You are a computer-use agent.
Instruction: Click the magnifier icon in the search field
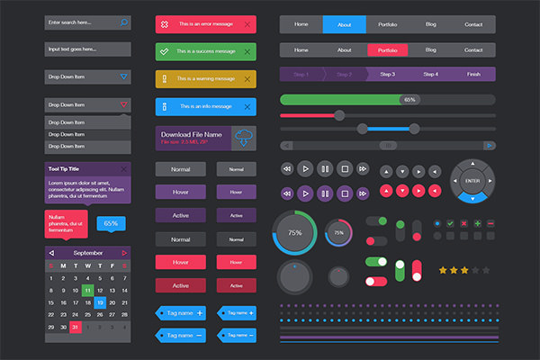point(123,21)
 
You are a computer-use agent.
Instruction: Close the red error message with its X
point(247,23)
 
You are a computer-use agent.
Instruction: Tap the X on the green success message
point(247,51)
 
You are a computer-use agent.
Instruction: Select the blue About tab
point(344,23)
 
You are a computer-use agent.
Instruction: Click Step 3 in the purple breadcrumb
point(388,74)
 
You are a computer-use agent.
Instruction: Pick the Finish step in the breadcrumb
point(473,74)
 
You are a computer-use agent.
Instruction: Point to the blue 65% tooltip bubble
point(111,223)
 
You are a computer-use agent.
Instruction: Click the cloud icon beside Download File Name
point(243,138)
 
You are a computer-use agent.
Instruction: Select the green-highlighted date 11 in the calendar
point(87,291)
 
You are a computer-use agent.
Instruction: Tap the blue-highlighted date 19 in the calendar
point(100,303)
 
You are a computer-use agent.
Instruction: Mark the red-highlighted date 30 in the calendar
point(76,328)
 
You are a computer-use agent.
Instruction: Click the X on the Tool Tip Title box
point(123,169)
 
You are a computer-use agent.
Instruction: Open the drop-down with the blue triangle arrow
point(123,76)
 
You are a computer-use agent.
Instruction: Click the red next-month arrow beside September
point(124,253)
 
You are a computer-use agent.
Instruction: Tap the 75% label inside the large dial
point(294,233)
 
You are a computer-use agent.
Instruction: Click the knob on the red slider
point(339,114)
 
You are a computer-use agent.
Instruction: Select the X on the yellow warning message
point(247,79)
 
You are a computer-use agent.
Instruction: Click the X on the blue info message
point(247,107)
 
